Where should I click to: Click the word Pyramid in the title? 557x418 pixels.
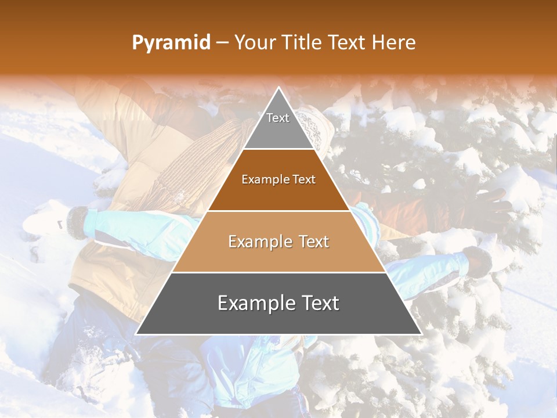coord(171,43)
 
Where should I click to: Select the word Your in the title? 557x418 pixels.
coord(255,43)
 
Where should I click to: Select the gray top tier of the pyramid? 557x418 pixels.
coord(278,131)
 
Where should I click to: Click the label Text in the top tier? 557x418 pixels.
coord(278,118)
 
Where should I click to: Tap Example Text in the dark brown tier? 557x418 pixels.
coord(278,179)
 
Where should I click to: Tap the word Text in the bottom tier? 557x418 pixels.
coord(319,303)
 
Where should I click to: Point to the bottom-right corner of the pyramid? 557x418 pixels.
coord(421,334)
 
